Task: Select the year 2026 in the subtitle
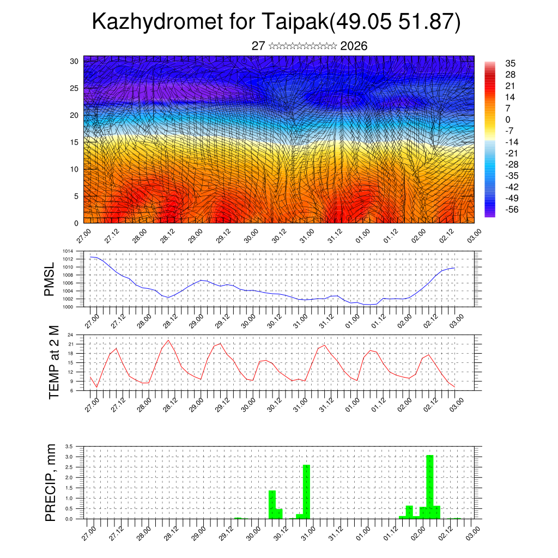354,46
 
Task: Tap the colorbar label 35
510,64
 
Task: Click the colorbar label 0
508,119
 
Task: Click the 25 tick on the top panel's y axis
75,88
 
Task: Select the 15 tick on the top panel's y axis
75,142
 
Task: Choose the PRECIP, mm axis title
51,482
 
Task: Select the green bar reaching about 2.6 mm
306,492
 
